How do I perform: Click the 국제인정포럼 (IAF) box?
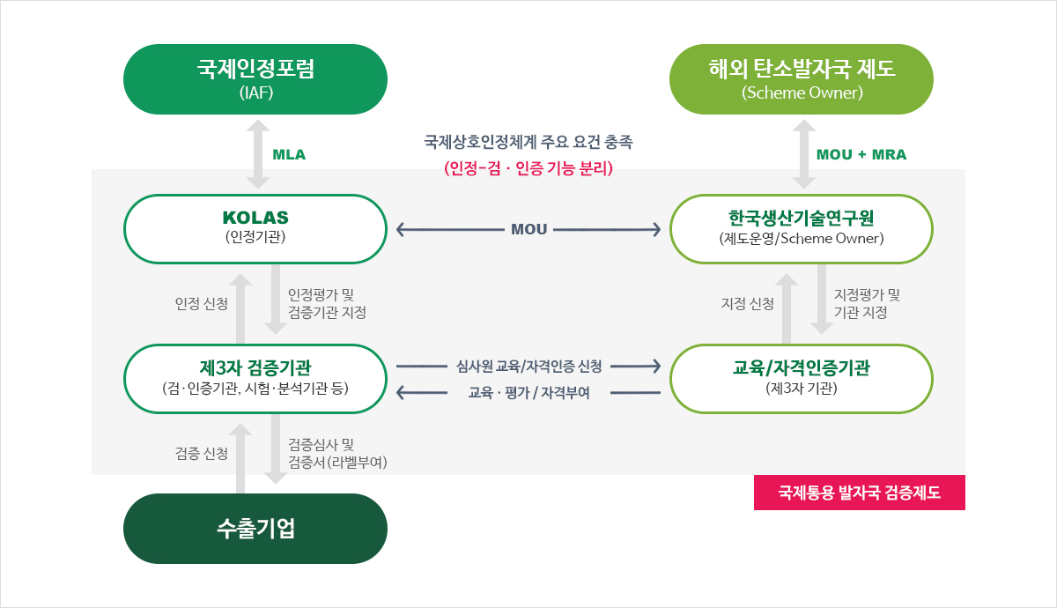pyautogui.click(x=255, y=79)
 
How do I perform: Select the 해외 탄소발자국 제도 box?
pyautogui.click(x=802, y=79)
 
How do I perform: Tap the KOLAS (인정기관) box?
pyautogui.click(x=255, y=229)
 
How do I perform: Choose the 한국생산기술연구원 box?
pyautogui.click(x=802, y=229)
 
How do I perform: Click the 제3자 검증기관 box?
pyautogui.click(x=255, y=379)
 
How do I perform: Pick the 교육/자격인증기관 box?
pyautogui.click(x=802, y=379)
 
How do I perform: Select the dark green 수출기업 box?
pyautogui.click(x=255, y=528)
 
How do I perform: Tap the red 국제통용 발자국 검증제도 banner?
pyautogui.click(x=860, y=493)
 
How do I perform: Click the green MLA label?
pyautogui.click(x=289, y=154)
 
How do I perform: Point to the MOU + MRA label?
pyautogui.click(x=861, y=154)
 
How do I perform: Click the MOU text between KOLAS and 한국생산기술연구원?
pyautogui.click(x=529, y=229)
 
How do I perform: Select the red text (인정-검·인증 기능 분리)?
pyautogui.click(x=528, y=168)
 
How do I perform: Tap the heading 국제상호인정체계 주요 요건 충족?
pyautogui.click(x=528, y=142)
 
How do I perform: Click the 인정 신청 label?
pyautogui.click(x=202, y=303)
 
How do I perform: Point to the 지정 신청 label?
pyautogui.click(x=748, y=303)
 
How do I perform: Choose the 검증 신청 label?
pyautogui.click(x=202, y=453)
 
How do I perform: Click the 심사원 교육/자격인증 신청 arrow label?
pyautogui.click(x=529, y=366)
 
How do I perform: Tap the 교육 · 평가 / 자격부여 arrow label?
pyautogui.click(x=529, y=392)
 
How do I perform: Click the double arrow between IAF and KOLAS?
pyautogui.click(x=258, y=154)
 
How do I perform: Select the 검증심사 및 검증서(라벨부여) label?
pyautogui.click(x=337, y=453)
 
